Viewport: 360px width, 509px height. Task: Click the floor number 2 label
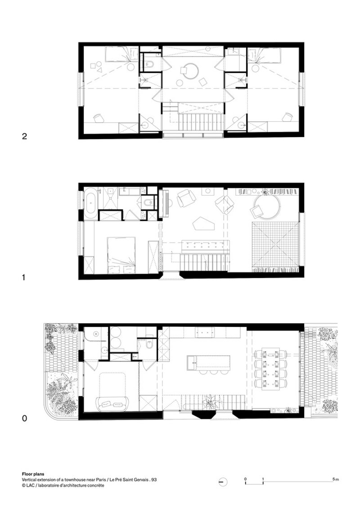pyautogui.click(x=24, y=136)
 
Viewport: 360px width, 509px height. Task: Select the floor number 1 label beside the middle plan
pyautogui.click(x=23, y=277)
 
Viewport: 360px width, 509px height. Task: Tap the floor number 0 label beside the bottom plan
pyautogui.click(x=24, y=419)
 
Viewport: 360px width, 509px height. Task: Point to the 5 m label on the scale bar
pyautogui.click(x=336, y=479)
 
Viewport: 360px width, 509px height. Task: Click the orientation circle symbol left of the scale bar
pyautogui.click(x=223, y=482)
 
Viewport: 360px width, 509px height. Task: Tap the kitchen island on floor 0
pyautogui.click(x=208, y=362)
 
